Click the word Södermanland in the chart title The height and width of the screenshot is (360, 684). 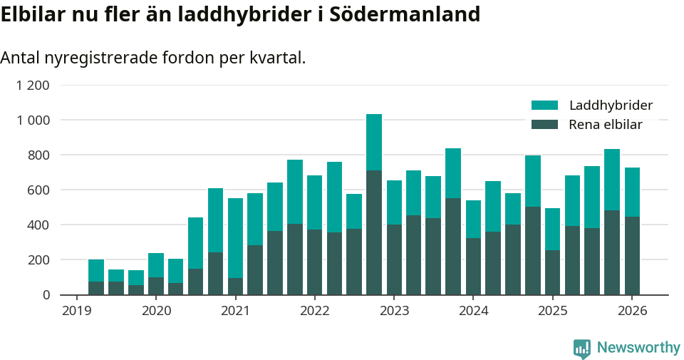pyautogui.click(x=405, y=14)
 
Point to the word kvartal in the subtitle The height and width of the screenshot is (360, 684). pyautogui.click(x=276, y=58)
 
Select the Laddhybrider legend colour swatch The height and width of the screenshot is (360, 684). pyautogui.click(x=544, y=106)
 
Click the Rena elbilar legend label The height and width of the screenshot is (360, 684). pyautogui.click(x=606, y=125)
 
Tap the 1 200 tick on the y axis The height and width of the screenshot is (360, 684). pyautogui.click(x=33, y=86)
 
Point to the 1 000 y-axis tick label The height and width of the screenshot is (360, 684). pyautogui.click(x=33, y=120)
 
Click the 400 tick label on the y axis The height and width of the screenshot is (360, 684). pyautogui.click(x=38, y=225)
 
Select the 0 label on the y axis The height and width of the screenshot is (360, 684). pyautogui.click(x=46, y=294)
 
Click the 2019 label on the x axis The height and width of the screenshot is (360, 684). pyautogui.click(x=76, y=311)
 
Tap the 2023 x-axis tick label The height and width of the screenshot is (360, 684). pyautogui.click(x=394, y=311)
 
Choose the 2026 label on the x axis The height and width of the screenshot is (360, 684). pyautogui.click(x=632, y=311)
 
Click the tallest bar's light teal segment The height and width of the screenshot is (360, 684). pyautogui.click(x=374, y=142)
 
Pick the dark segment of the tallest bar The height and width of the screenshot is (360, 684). pyautogui.click(x=374, y=232)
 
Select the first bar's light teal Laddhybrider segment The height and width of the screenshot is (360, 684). pyautogui.click(x=96, y=270)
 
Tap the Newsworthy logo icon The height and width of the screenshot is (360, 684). pyautogui.click(x=582, y=348)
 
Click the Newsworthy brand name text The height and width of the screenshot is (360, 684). pyautogui.click(x=638, y=348)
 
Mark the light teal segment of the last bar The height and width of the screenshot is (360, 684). pyautogui.click(x=632, y=192)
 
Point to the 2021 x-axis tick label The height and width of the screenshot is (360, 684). pyautogui.click(x=235, y=311)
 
